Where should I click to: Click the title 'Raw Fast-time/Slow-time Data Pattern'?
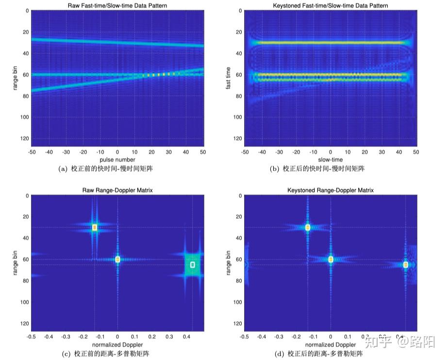click(117, 6)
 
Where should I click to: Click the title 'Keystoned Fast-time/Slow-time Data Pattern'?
click(330, 6)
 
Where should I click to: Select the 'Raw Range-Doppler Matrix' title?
click(117, 190)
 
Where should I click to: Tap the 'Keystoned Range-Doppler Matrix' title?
click(330, 190)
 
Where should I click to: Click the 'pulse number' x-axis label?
click(117, 159)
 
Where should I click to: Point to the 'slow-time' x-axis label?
click(330, 159)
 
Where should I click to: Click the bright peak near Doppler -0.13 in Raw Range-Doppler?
click(95, 227)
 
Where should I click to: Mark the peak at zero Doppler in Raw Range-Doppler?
click(117, 259)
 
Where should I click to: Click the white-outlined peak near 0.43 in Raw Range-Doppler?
click(193, 265)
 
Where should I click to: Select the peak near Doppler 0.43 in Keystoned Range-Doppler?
click(406, 265)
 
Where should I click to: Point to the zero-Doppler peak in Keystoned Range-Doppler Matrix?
click(331, 259)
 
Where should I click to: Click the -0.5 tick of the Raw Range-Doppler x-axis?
click(32, 336)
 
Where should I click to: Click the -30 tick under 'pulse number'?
click(66, 152)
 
